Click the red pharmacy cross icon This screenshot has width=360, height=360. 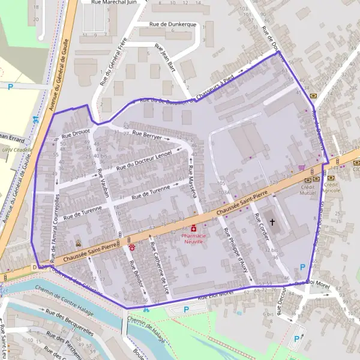coord(194,228)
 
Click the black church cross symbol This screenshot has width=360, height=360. coord(272,223)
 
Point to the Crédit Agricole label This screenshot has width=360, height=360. coord(332,187)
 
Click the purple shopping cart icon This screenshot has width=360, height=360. coord(301,167)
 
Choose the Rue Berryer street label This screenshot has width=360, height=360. coord(147,136)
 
